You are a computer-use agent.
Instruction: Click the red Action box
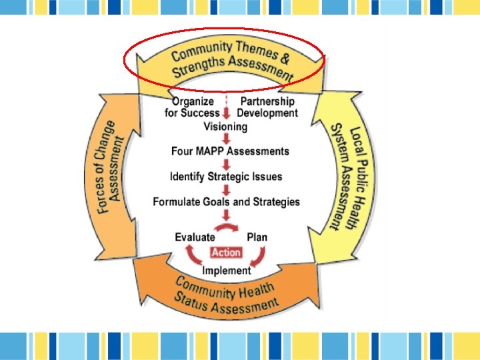226,253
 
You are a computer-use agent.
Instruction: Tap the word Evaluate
195,237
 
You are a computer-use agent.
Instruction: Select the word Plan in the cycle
257,237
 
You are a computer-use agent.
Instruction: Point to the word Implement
227,270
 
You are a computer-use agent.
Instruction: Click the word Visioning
225,126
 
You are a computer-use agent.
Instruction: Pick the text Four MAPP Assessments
230,151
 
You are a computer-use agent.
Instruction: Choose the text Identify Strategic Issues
226,177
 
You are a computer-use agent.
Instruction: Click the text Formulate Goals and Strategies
227,201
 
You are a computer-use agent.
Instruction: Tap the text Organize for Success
192,107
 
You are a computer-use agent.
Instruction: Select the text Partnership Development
267,107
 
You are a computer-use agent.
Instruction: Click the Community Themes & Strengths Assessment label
230,61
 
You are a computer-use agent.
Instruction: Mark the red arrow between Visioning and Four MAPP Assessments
227,139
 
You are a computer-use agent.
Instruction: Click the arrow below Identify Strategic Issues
227,189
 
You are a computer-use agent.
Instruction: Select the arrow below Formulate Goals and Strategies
227,215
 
